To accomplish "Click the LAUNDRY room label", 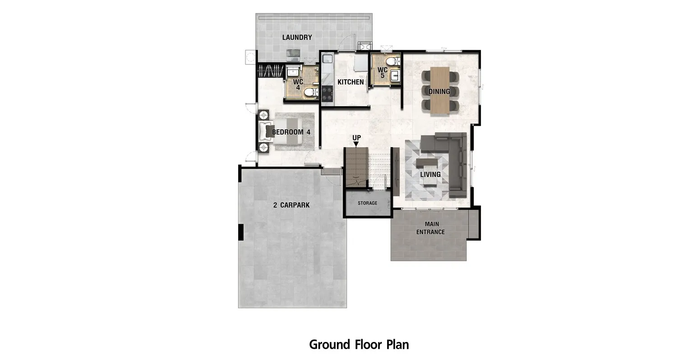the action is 297,37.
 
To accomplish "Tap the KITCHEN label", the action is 351,82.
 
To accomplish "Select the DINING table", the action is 439,91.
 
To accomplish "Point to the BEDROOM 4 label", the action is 291,132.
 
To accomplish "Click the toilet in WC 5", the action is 392,61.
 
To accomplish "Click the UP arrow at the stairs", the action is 356,144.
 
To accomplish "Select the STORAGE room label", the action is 367,203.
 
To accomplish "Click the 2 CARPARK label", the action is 291,205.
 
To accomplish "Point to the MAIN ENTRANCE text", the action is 430,228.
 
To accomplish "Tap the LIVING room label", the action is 430,174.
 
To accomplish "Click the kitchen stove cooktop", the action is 328,93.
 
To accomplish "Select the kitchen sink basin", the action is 327,59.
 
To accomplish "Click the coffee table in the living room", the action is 427,162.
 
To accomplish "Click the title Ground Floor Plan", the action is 359,345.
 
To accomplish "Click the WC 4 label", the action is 298,84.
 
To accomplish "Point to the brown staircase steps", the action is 356,167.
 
